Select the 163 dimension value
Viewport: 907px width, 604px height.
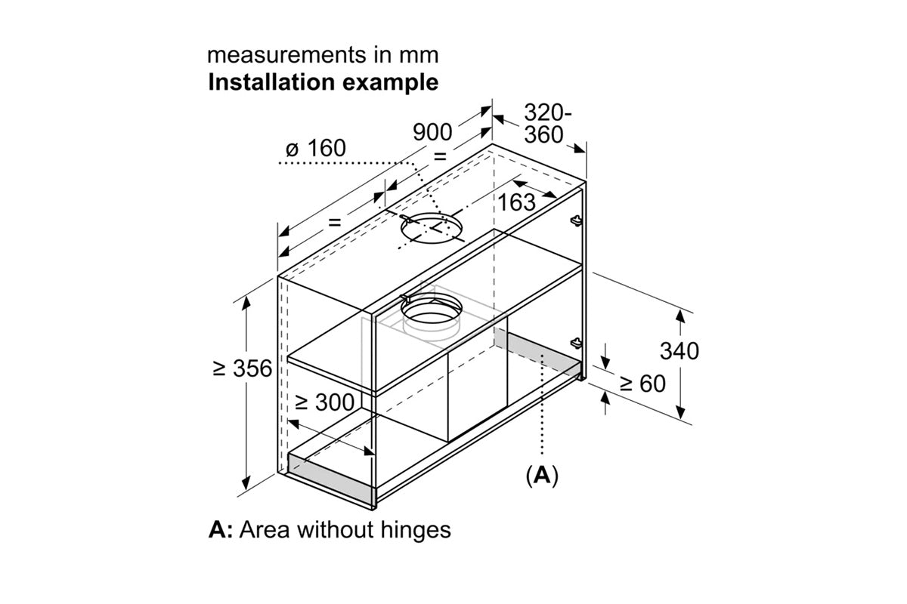(x=516, y=202)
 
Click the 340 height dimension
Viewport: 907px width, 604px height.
(x=679, y=350)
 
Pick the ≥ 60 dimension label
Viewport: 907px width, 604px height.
(x=642, y=384)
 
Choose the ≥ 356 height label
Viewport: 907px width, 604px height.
(x=242, y=369)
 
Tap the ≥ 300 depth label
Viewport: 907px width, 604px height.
(x=323, y=402)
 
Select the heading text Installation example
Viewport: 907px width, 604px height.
(x=323, y=82)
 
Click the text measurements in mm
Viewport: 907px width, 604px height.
(x=323, y=56)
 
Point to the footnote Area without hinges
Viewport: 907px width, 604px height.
(x=345, y=529)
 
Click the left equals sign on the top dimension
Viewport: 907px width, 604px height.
(x=333, y=223)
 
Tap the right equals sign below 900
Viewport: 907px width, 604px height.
(x=439, y=156)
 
